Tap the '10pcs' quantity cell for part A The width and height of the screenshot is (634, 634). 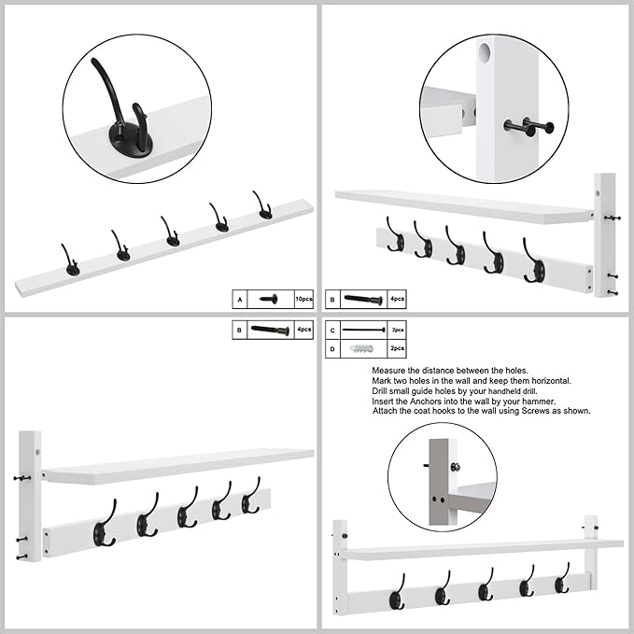(x=303, y=299)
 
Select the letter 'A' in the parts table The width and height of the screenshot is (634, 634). (x=240, y=299)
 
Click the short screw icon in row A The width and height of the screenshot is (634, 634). (x=270, y=299)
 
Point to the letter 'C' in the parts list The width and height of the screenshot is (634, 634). (x=332, y=331)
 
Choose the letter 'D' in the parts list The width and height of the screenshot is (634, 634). (x=332, y=348)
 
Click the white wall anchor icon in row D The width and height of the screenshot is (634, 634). (x=362, y=348)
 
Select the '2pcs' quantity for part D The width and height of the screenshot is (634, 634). (x=396, y=348)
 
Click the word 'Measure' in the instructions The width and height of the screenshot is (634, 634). (x=389, y=371)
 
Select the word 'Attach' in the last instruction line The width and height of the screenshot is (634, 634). (x=386, y=411)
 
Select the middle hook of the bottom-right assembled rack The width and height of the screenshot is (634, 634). (x=485, y=588)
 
